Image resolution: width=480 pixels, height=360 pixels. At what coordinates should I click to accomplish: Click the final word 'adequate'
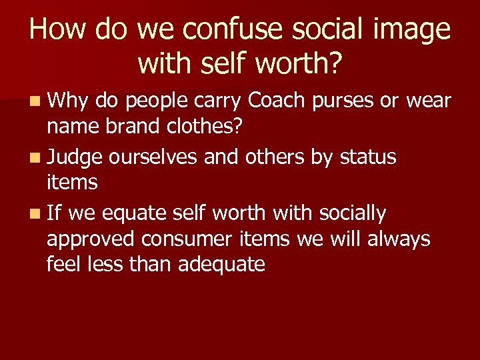click(x=222, y=265)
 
